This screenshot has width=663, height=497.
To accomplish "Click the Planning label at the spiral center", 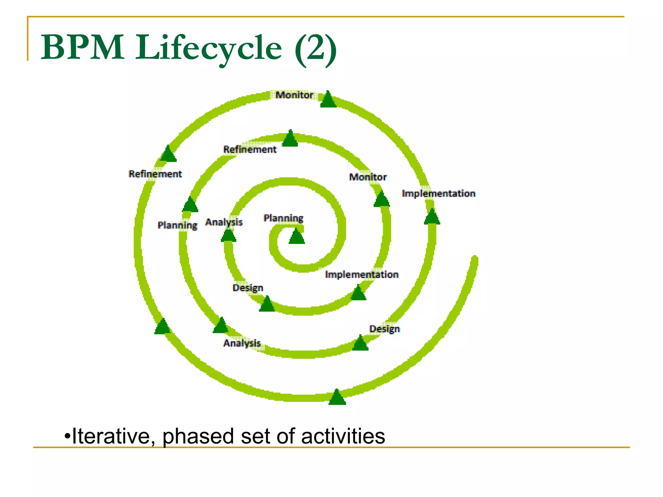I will pyautogui.click(x=283, y=218).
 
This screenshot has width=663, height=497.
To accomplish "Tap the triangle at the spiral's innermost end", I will pyautogui.click(x=297, y=237).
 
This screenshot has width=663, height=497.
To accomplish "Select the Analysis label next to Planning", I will pyautogui.click(x=224, y=222).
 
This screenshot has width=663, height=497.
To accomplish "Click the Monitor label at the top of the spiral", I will pyautogui.click(x=294, y=95).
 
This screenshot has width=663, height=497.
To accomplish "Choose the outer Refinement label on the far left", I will pyautogui.click(x=155, y=174).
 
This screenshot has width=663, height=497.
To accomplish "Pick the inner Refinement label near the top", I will pyautogui.click(x=250, y=149).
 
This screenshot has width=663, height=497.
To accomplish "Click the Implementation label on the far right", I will pyautogui.click(x=438, y=193).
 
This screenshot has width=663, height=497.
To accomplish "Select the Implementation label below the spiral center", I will pyautogui.click(x=362, y=275).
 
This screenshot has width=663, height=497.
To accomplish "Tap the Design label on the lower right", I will pyautogui.click(x=385, y=329).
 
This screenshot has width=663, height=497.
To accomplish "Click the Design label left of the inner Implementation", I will pyautogui.click(x=248, y=288).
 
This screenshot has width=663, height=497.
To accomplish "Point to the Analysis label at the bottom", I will pyautogui.click(x=242, y=343).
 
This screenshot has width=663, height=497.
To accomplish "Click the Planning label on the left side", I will pyautogui.click(x=177, y=225).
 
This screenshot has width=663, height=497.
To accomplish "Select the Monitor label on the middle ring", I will pyautogui.click(x=368, y=177).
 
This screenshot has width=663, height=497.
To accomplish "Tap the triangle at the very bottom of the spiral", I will pyautogui.click(x=337, y=398).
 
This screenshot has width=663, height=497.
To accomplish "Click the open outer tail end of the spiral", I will pyautogui.click(x=474, y=260).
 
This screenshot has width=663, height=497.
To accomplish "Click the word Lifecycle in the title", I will pyautogui.click(x=208, y=48).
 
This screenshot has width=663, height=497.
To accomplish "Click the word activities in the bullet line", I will pyautogui.click(x=343, y=436).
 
